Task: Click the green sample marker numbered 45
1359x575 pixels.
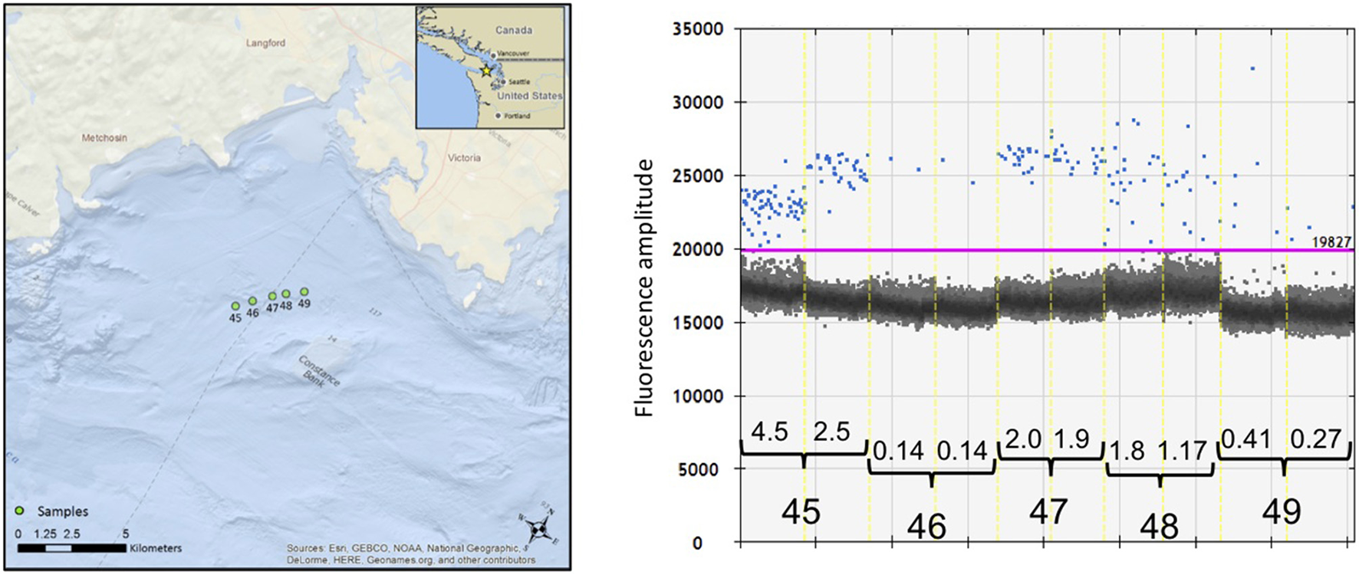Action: click(235, 306)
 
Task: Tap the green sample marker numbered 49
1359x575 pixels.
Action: click(304, 291)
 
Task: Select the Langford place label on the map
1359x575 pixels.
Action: click(265, 43)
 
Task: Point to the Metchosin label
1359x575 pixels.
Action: click(104, 138)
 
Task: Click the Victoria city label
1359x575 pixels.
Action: click(464, 158)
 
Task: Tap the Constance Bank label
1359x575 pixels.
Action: click(318, 372)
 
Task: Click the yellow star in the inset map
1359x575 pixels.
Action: click(485, 71)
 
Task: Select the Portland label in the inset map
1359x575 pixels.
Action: click(516, 116)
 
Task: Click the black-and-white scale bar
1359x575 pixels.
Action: click(71, 548)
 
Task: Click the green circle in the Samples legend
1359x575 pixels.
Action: click(21, 511)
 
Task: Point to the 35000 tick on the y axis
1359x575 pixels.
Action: click(697, 29)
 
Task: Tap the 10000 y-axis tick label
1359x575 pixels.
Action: click(697, 396)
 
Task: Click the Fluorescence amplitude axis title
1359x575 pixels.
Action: click(645, 287)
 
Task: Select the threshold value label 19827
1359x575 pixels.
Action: click(1331, 242)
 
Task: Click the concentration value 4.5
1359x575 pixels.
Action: click(769, 432)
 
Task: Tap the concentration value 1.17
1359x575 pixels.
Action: click(1183, 451)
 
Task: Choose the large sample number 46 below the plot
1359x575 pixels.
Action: click(926, 527)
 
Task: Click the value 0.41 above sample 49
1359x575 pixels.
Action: click(1246, 439)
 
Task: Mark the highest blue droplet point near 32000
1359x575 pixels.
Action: click(1252, 68)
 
